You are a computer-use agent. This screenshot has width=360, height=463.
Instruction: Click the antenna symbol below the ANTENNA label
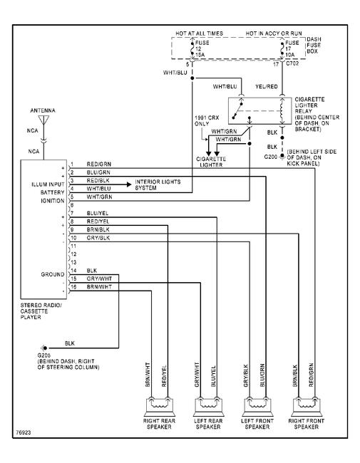click(43, 120)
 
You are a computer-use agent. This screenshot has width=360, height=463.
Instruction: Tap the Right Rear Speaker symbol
click(159, 407)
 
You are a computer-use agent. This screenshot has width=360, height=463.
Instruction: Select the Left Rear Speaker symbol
click(208, 407)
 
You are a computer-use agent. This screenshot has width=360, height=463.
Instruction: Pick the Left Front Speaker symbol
click(257, 407)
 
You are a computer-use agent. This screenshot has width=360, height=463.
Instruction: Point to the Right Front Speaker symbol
click(307, 407)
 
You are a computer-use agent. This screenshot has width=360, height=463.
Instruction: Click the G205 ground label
click(44, 355)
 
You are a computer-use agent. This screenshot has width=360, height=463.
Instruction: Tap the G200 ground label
click(271, 157)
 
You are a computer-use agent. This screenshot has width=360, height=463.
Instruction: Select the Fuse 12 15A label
click(202, 48)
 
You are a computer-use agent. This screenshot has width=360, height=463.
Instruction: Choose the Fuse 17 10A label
click(292, 48)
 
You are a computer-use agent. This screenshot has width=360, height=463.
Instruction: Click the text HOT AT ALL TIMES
click(199, 33)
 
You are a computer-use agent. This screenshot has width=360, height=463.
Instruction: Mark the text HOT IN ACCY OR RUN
click(274, 33)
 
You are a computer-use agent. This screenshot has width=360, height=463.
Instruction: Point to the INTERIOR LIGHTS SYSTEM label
click(158, 184)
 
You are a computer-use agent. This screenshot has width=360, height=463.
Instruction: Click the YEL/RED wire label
click(267, 86)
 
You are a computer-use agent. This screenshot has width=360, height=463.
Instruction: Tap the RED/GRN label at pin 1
click(98, 164)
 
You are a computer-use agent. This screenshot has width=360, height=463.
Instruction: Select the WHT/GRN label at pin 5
click(99, 197)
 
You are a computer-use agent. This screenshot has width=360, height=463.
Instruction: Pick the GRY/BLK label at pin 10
click(98, 238)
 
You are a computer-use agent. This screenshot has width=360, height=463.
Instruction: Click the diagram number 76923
click(23, 432)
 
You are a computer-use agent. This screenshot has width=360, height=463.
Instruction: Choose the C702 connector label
click(292, 63)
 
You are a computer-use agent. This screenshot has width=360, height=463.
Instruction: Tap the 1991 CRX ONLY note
click(207, 120)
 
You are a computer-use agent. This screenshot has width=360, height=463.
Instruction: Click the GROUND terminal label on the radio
click(52, 274)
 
